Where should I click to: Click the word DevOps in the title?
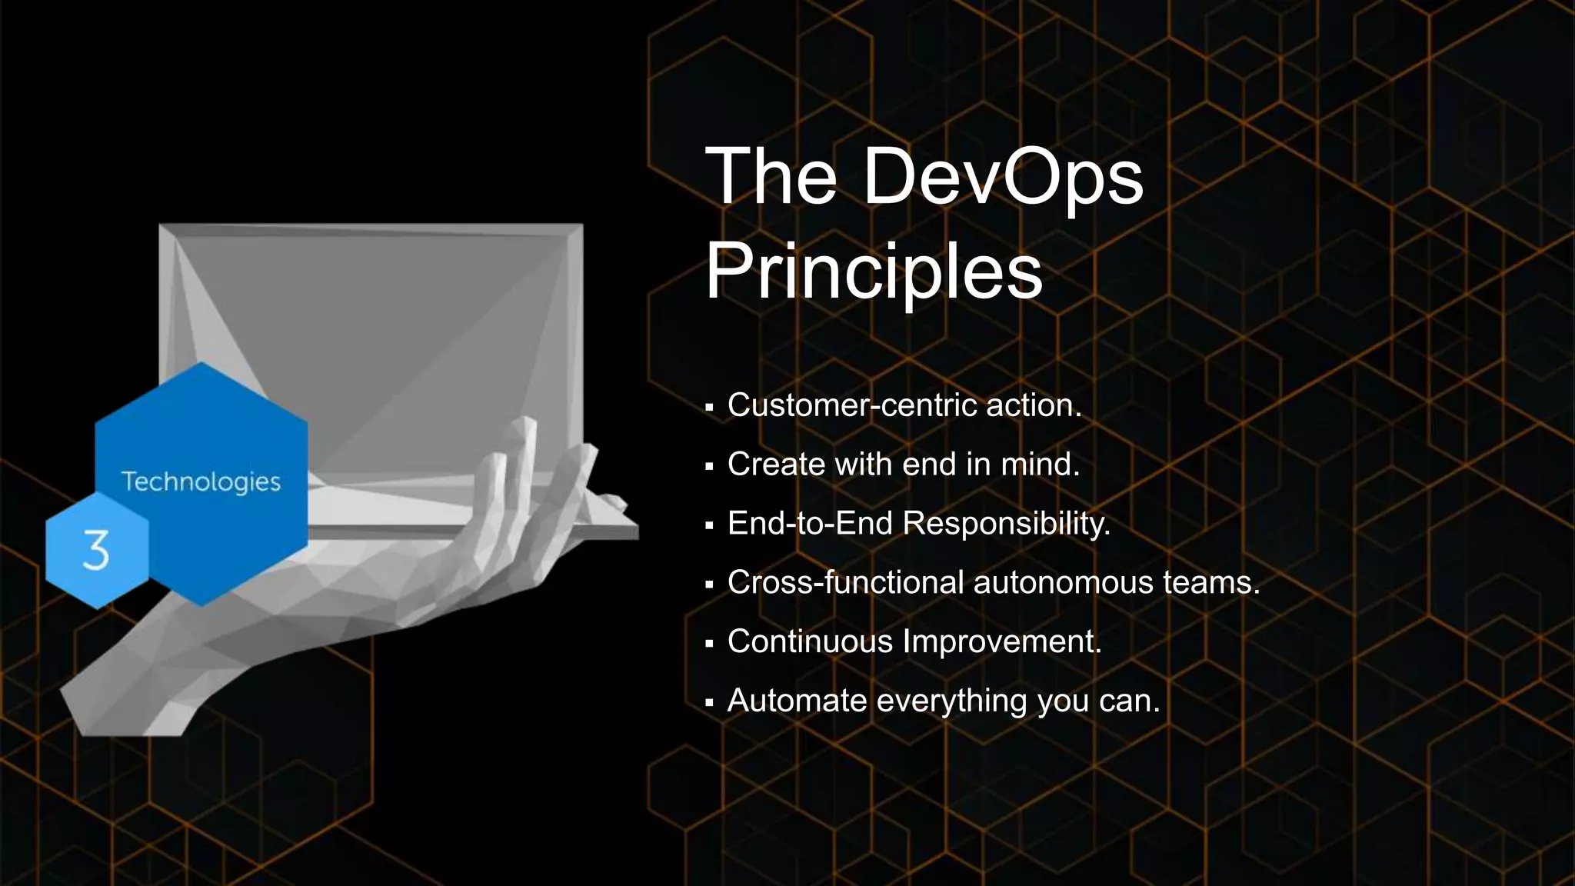click(1003, 178)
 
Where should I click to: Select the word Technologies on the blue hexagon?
click(201, 482)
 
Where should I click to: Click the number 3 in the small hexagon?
click(96, 550)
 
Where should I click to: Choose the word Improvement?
click(1002, 641)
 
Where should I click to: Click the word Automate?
click(797, 701)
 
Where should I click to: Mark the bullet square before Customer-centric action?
click(709, 407)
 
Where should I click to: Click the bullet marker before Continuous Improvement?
click(709, 643)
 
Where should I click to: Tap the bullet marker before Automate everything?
click(709, 702)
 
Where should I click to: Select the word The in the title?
click(771, 178)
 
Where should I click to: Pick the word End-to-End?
click(811, 524)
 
